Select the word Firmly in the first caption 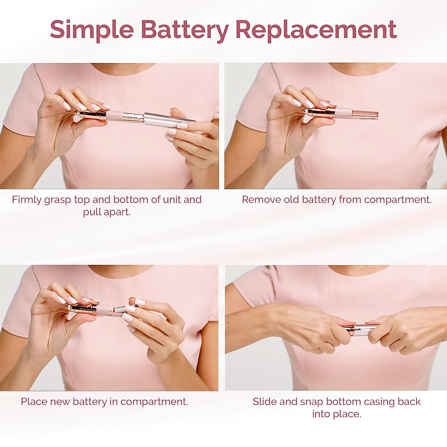tap(26, 200)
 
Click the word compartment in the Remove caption tap(397, 200)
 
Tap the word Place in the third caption tap(34, 402)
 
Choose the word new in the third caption tap(60, 402)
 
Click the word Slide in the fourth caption tap(264, 402)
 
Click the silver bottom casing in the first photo tap(169, 118)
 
